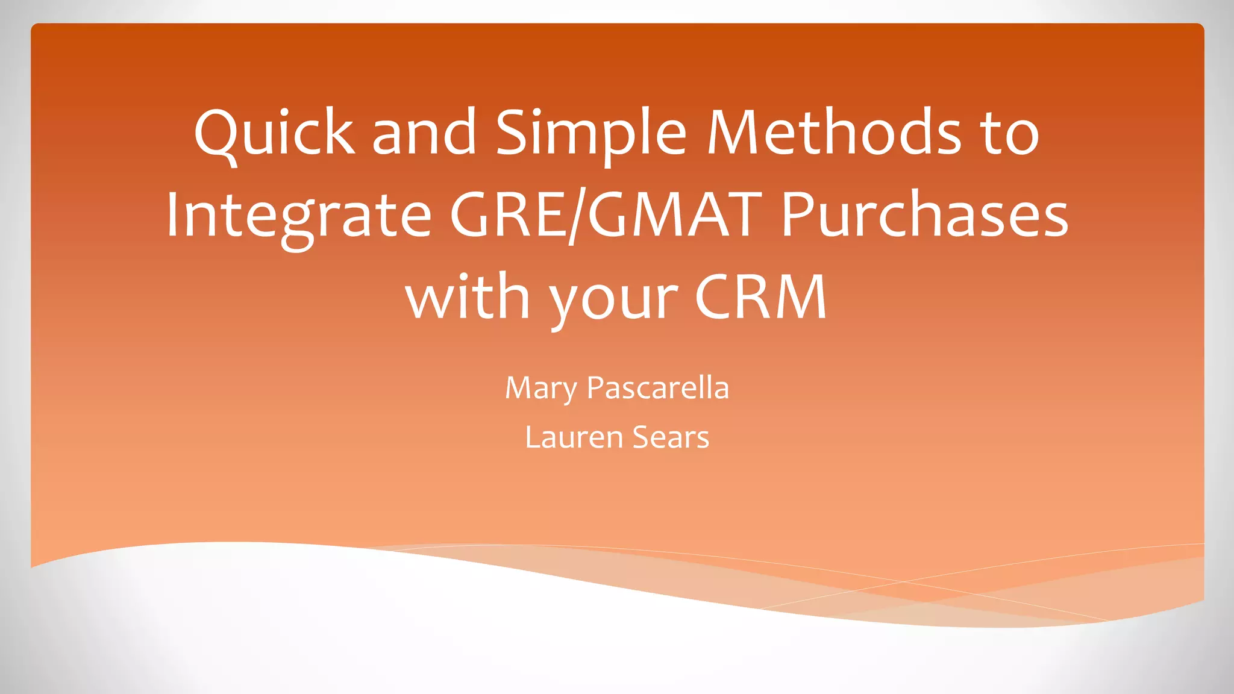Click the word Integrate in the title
coord(299,216)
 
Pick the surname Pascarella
coord(658,388)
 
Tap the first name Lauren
coord(574,437)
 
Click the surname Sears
coord(671,437)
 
